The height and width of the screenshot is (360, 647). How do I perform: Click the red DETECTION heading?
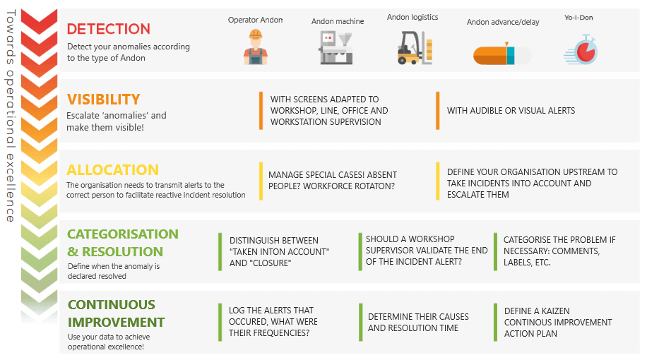(x=109, y=29)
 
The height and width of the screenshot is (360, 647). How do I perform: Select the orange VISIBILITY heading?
(x=104, y=100)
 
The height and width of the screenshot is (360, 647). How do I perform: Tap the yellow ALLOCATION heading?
(x=112, y=170)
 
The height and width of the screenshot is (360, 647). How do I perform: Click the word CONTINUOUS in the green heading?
(x=112, y=305)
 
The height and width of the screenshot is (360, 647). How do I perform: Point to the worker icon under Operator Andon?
(x=256, y=47)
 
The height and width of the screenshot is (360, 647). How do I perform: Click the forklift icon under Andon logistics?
(x=415, y=48)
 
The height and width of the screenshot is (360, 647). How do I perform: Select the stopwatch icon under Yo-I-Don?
(x=581, y=50)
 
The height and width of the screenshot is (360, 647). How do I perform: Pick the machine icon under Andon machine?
(x=336, y=48)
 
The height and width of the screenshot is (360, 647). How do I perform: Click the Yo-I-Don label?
(x=578, y=18)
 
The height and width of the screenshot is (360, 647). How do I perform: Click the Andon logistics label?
(x=412, y=18)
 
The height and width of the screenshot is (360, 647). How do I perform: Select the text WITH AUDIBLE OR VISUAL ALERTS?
(x=511, y=111)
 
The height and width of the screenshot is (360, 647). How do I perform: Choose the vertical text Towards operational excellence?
(x=11, y=116)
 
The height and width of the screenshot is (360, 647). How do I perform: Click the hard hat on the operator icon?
(x=256, y=34)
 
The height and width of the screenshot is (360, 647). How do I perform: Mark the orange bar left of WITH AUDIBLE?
(x=438, y=111)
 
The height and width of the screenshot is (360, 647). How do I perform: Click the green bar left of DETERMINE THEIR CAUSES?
(x=361, y=323)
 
